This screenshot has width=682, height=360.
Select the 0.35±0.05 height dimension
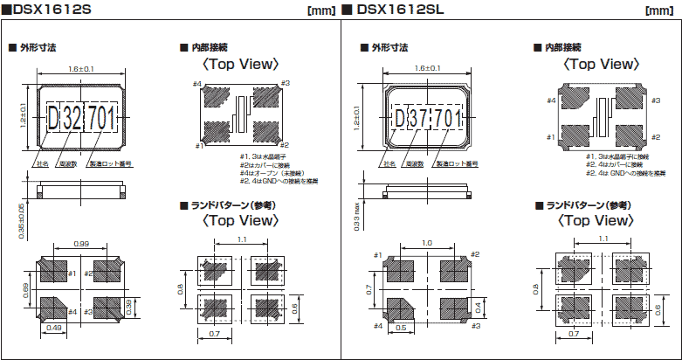coord(22,219)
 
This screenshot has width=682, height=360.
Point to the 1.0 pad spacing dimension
coord(425,244)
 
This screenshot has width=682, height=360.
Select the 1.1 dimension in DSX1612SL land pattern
coord(603,238)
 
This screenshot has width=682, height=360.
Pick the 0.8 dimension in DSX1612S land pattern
coord(183,287)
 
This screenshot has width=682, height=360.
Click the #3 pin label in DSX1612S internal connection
coord(286,83)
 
